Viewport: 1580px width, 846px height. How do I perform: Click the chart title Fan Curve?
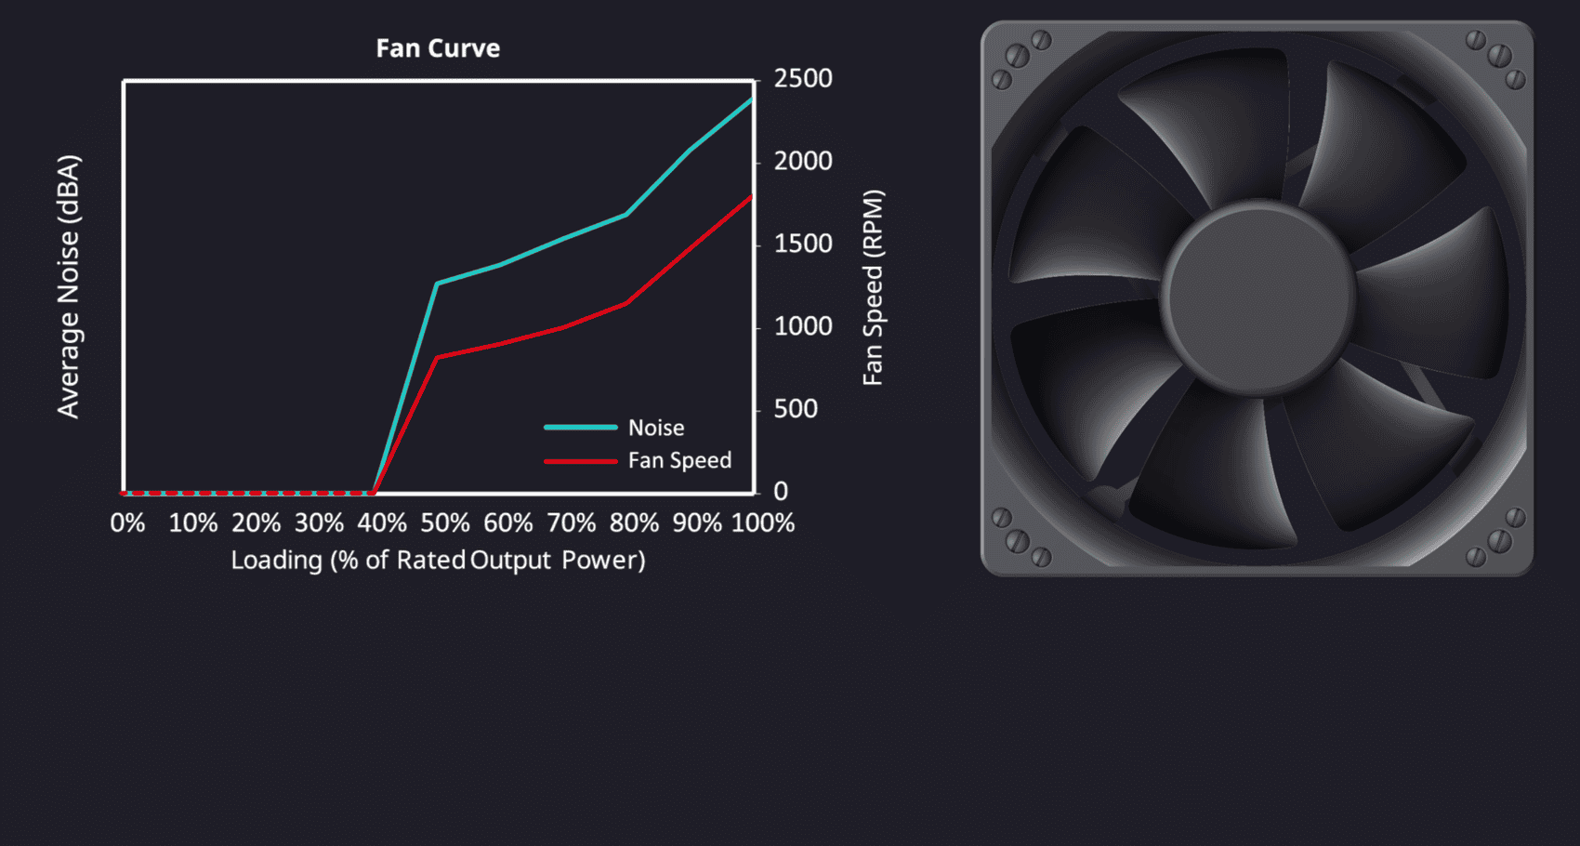438,48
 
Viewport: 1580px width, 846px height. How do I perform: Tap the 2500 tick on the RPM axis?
803,79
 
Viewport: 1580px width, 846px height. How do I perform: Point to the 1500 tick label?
803,245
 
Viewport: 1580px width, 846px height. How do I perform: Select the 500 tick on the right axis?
796,409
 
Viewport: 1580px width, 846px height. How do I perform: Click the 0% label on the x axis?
127,523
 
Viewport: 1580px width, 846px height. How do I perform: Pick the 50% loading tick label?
445,523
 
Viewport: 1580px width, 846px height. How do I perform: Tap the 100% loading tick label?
763,523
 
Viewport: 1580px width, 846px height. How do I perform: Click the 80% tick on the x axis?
634,523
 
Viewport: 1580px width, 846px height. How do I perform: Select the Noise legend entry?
656,428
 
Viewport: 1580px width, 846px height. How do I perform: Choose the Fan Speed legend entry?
679,460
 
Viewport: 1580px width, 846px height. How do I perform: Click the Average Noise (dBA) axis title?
69,286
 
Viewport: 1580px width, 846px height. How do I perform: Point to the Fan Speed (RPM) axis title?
873,288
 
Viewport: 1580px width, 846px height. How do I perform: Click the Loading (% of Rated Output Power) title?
438,561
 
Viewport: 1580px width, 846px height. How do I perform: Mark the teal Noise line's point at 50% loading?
437,284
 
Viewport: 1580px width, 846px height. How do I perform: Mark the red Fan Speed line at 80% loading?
626,303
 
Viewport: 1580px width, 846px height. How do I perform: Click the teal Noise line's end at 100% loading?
751,99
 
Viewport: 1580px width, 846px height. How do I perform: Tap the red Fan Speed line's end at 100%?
751,197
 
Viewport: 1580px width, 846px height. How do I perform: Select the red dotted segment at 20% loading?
250,492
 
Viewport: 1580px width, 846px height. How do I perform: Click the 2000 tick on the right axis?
803,162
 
